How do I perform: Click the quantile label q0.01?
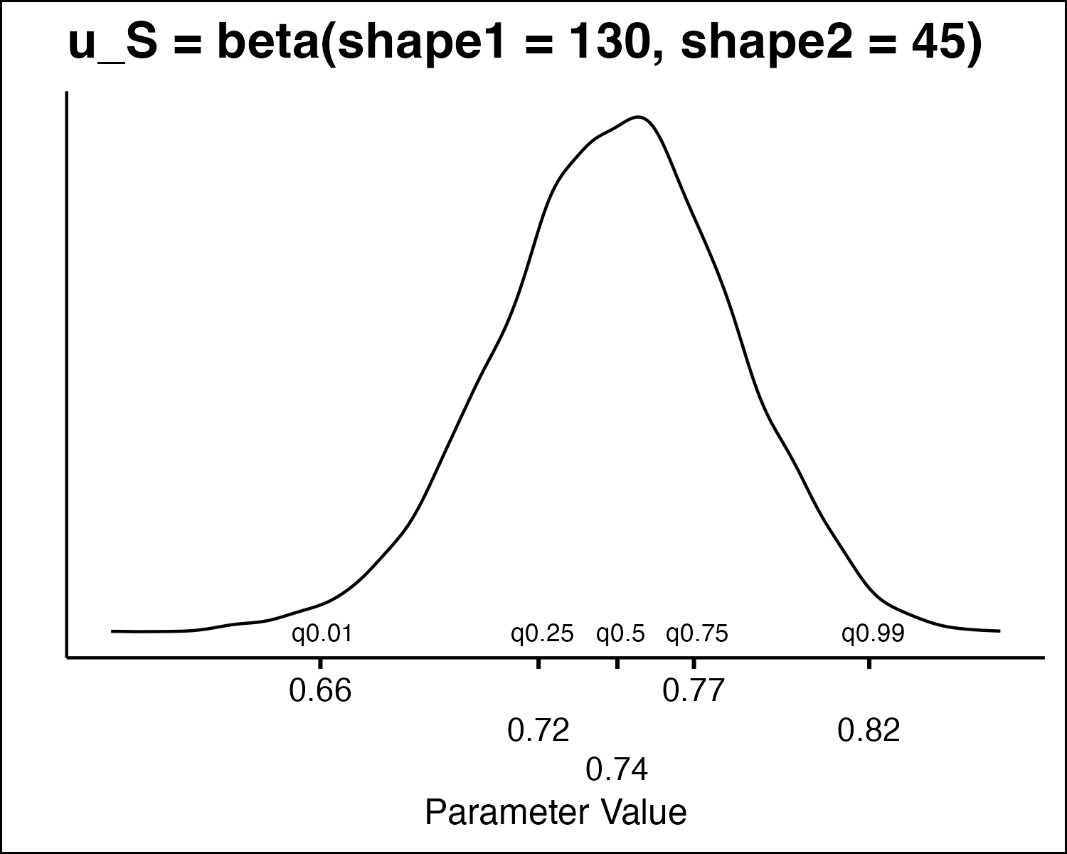coord(322,633)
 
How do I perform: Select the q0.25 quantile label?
coord(542,633)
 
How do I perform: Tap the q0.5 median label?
coord(620,633)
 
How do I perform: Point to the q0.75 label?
coord(696,633)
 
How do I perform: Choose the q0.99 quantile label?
coord(873,633)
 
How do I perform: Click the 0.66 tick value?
coord(320,691)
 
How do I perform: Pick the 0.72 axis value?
coord(538,730)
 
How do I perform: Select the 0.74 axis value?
coord(617,769)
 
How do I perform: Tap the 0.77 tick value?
coord(694,691)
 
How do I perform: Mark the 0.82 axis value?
coord(869,730)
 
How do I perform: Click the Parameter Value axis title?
coord(556,813)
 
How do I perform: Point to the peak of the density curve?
coord(639,117)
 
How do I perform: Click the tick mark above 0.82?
coord(869,663)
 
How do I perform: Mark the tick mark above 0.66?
coord(320,663)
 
